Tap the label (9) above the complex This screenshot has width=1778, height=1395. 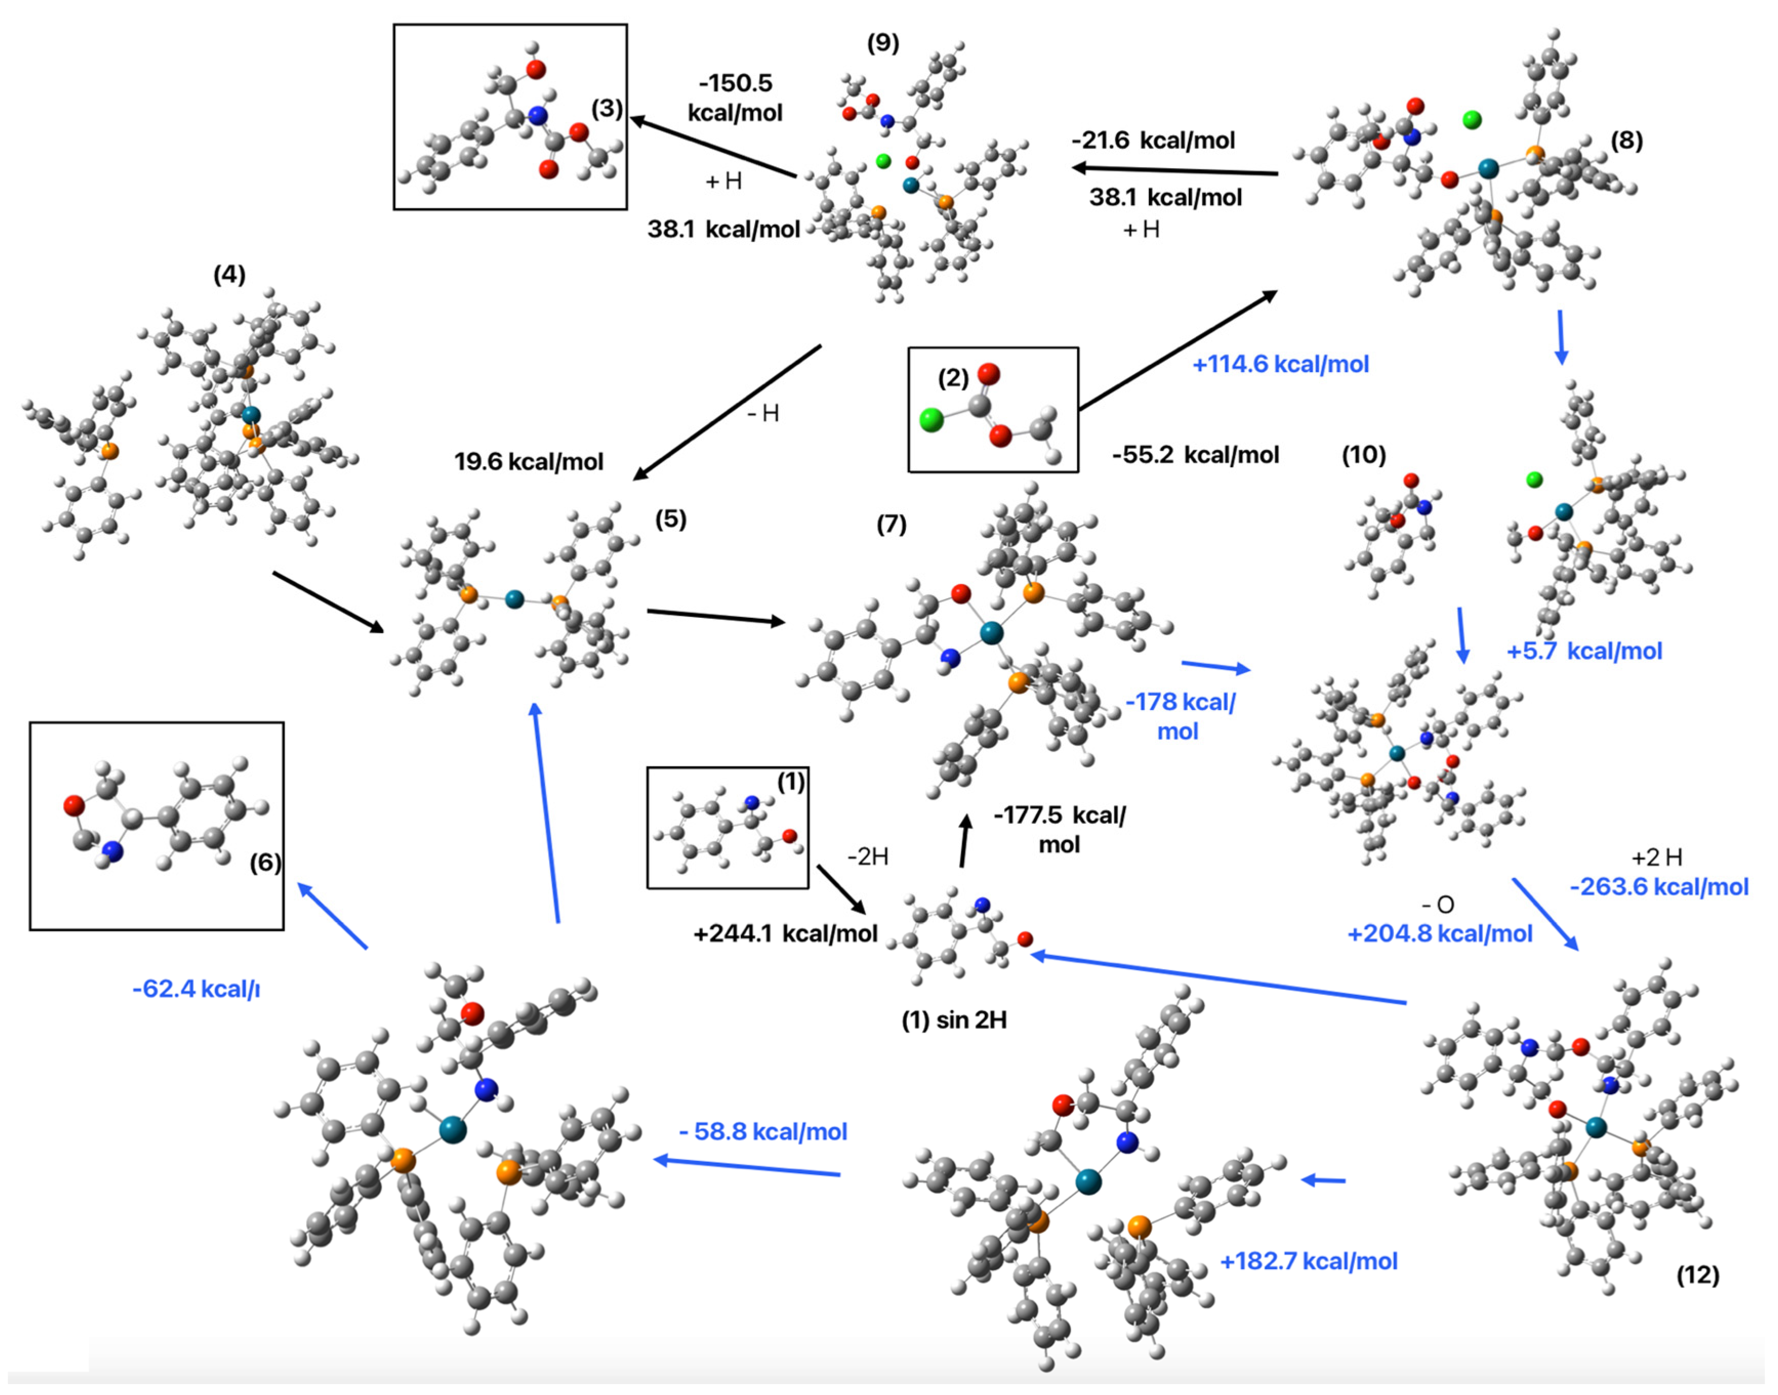coord(883,43)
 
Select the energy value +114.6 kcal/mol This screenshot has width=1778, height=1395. coord(1280,364)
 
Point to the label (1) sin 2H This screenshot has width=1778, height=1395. coord(954,1020)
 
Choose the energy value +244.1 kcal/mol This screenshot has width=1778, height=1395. coord(785,933)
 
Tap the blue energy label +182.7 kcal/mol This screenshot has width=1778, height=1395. coord(1308,1261)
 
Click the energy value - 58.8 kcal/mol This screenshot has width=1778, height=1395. coord(763,1132)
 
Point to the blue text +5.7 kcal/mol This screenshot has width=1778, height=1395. coord(1584,651)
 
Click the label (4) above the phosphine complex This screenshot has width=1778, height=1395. coord(230,275)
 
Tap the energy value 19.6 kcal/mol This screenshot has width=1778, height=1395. coord(528,462)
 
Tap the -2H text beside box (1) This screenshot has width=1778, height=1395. coord(867,857)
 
